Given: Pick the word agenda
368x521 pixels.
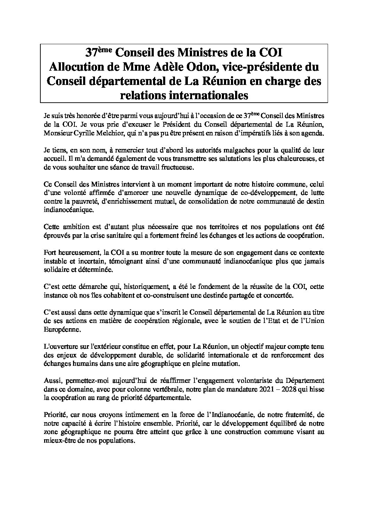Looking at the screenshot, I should tap(313, 134).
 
